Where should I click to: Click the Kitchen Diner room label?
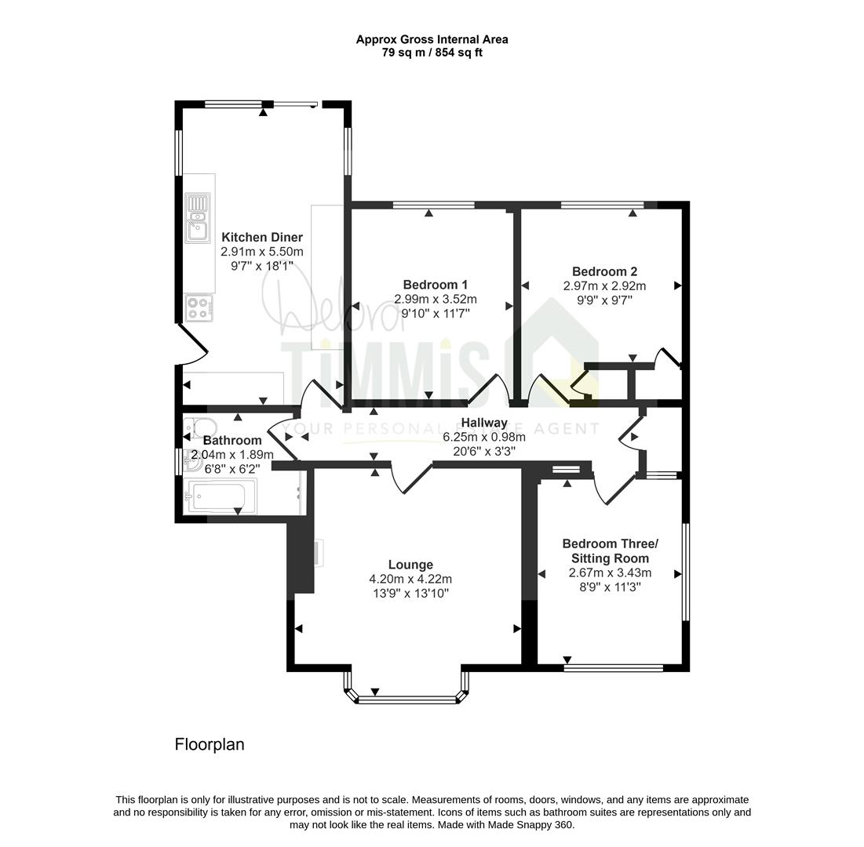pos(262,238)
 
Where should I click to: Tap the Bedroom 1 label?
pos(436,285)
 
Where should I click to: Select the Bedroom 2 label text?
pos(604,271)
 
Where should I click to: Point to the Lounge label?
pos(410,565)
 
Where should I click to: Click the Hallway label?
pos(484,423)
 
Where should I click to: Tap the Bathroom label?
pos(232,441)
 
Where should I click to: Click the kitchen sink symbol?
pos(198,218)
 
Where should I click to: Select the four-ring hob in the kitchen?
pos(199,308)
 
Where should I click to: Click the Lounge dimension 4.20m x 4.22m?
pos(410,580)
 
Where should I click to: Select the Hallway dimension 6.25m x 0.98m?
pos(484,438)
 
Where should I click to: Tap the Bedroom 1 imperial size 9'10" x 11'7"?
pos(436,314)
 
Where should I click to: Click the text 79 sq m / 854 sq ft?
pos(432,53)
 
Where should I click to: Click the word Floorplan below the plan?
pos(210,744)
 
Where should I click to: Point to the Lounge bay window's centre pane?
pos(408,700)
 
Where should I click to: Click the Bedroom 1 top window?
pos(434,205)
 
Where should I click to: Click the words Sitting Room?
pos(610,558)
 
